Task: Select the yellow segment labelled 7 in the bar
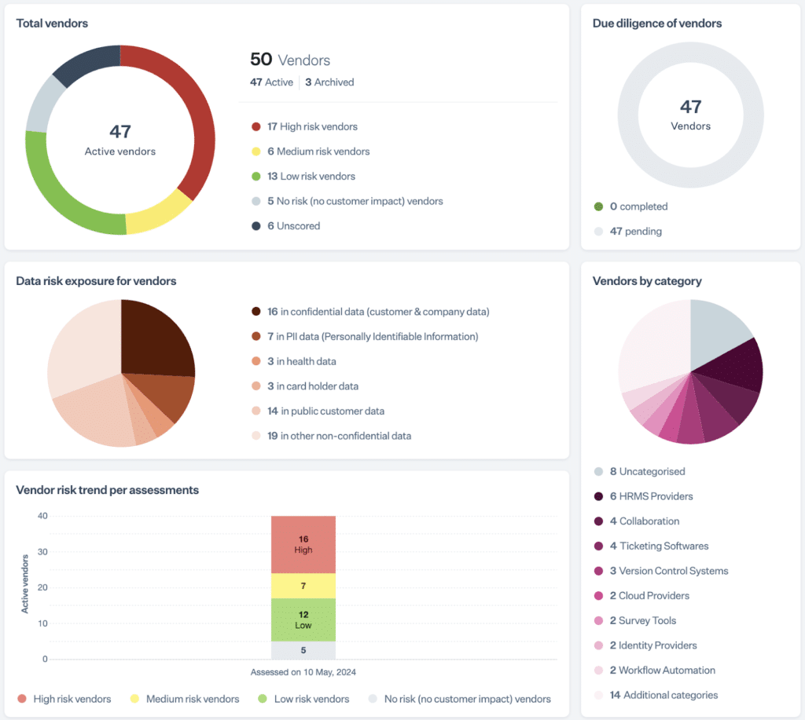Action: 303,586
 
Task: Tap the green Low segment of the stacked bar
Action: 303,620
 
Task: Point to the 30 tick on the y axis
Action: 42,552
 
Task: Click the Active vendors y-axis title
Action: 25,583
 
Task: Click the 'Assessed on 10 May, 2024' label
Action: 303,672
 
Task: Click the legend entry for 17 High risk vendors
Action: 312,126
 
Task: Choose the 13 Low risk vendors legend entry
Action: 311,176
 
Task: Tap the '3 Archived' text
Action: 329,82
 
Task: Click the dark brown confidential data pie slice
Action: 157,338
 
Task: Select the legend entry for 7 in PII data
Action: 372,337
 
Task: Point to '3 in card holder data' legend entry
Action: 323,386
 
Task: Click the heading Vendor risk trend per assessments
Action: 107,490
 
